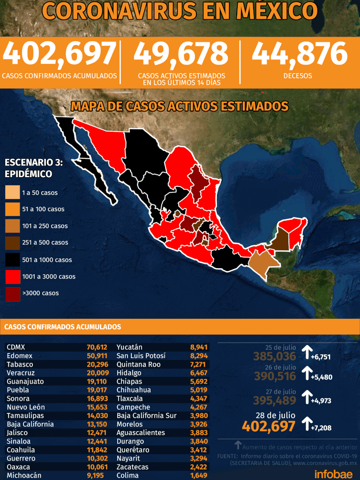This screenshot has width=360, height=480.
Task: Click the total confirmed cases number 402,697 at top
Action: [x=60, y=54]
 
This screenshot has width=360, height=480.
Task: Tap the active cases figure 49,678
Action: [x=181, y=54]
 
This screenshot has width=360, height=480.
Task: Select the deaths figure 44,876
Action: [x=300, y=54]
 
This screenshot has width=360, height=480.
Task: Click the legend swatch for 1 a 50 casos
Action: [x=13, y=193]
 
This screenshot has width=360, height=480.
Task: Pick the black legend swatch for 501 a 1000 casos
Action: [x=13, y=260]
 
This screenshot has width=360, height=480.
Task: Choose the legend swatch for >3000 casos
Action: [x=13, y=293]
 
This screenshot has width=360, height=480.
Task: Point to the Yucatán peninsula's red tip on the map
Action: [x=295, y=230]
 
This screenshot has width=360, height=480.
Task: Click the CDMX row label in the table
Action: [x=16, y=347]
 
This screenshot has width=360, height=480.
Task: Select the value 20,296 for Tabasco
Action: [x=97, y=364]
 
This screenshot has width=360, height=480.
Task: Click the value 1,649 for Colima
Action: [x=197, y=475]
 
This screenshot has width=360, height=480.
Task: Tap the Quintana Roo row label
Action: [x=138, y=364]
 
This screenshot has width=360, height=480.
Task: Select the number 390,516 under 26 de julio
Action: [x=275, y=376]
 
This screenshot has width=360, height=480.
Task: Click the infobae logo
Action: [x=333, y=473]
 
